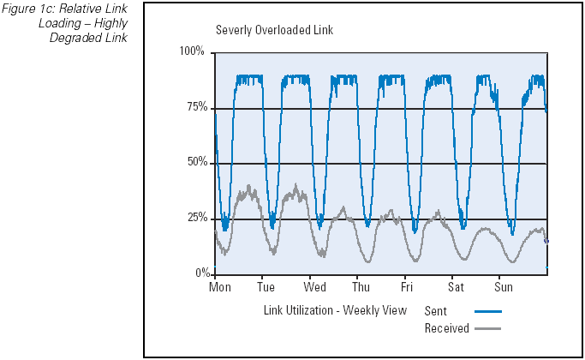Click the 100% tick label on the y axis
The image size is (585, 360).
(x=192, y=52)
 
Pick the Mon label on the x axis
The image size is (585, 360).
(x=220, y=287)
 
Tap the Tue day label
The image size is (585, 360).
(x=266, y=287)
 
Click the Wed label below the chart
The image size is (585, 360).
(x=314, y=287)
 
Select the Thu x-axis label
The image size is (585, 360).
(x=361, y=287)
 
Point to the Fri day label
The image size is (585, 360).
(x=407, y=287)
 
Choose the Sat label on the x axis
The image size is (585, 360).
(x=457, y=287)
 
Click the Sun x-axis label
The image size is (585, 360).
(x=504, y=287)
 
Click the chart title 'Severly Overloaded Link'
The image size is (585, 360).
(x=262, y=30)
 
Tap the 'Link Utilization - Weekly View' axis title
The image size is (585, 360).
(x=335, y=310)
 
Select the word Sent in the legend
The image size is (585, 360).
(x=436, y=311)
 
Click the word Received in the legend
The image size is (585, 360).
(x=446, y=328)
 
